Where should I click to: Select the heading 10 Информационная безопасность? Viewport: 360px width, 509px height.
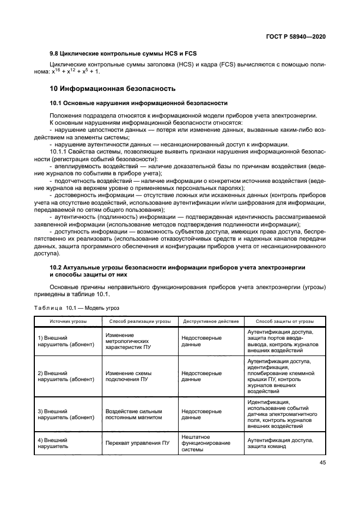113,88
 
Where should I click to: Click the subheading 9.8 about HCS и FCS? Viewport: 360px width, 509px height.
123,53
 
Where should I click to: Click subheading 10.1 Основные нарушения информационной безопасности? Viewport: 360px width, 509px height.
138,102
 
